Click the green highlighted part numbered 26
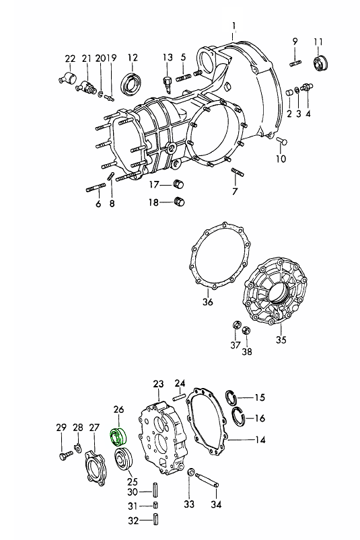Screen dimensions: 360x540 [x=118, y=436]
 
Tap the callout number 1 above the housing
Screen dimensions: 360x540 [x=234, y=26]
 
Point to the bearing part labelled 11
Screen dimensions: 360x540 [x=320, y=63]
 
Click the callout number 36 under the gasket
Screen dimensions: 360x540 [x=208, y=302]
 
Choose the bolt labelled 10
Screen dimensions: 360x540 [x=282, y=141]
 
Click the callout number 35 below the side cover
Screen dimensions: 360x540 [x=281, y=340]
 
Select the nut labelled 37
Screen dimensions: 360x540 [x=237, y=325]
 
